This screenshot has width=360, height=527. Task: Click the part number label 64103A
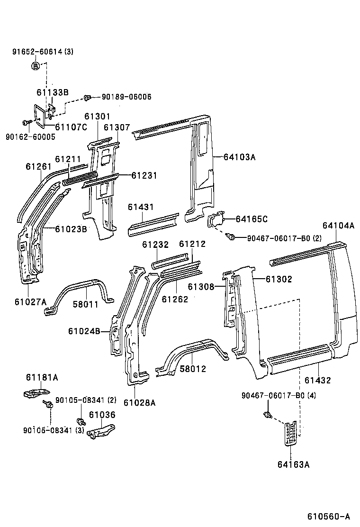coord(237,157)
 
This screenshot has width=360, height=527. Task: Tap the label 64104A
coord(338,226)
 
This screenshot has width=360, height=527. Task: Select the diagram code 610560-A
coord(329,516)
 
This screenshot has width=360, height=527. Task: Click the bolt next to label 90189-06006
coord(87,98)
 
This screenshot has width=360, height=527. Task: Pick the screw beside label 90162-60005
coord(25,123)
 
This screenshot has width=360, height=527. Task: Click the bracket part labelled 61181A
coord(36,393)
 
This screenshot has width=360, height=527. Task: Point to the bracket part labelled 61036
coord(102,431)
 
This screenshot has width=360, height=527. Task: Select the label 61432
coord(317,380)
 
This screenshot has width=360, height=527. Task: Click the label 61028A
coord(139,403)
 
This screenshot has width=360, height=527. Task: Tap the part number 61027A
coord(30,301)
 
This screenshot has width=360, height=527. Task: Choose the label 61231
coord(144,175)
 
